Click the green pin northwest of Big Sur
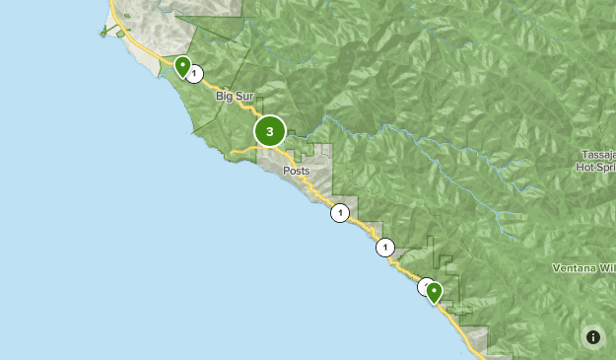click(x=182, y=66)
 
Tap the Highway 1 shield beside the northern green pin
click(x=195, y=73)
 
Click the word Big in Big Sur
click(x=226, y=97)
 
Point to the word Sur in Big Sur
click(x=245, y=97)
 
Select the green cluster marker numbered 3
click(x=269, y=131)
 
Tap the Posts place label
click(x=296, y=171)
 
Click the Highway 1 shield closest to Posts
click(x=340, y=212)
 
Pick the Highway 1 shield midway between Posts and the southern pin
click(x=385, y=248)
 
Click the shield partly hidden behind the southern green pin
click(x=424, y=286)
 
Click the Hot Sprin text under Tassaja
click(x=595, y=168)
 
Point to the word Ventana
click(x=574, y=268)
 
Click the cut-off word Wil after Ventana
click(x=606, y=268)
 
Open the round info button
click(x=592, y=337)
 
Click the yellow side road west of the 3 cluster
click(x=242, y=150)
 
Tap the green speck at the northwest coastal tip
click(x=103, y=33)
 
